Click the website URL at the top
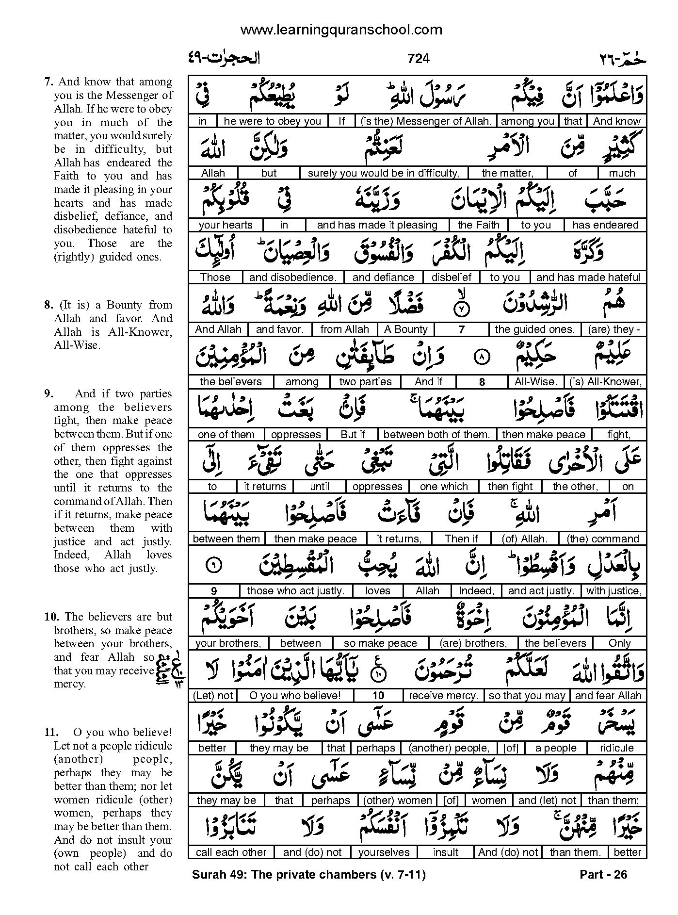click(341, 30)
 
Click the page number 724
click(419, 59)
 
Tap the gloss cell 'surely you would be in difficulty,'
click(383, 173)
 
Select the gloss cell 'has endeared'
click(605, 225)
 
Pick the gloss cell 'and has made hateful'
click(588, 278)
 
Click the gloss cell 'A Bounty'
click(406, 329)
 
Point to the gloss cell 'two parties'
click(365, 382)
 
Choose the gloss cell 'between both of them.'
click(436, 435)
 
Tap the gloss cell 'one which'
click(444, 487)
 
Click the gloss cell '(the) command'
click(602, 539)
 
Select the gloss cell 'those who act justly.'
click(295, 591)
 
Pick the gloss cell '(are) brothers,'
click(473, 643)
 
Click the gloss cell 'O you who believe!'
click(295, 696)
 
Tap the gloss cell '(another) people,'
click(449, 748)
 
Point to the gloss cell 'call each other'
click(231, 852)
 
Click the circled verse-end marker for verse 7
click(461, 307)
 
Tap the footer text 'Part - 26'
click(603, 875)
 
